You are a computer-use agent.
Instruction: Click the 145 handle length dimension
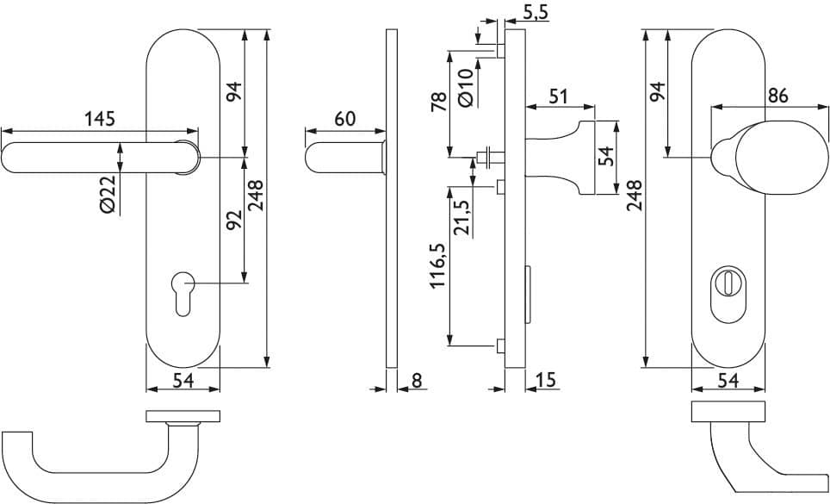pyautogui.click(x=100, y=118)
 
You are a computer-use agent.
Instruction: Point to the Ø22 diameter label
pyautogui.click(x=108, y=195)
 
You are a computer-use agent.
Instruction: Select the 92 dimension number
pyautogui.click(x=234, y=220)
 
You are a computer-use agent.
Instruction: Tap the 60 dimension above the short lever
pyautogui.click(x=345, y=119)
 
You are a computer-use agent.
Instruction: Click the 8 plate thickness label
pyautogui.click(x=417, y=380)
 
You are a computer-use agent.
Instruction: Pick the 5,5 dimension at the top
pyautogui.click(x=536, y=14)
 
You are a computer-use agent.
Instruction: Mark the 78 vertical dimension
pyautogui.click(x=439, y=100)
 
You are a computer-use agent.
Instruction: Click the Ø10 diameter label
pyautogui.click(x=465, y=88)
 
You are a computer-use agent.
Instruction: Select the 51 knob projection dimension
pyautogui.click(x=558, y=96)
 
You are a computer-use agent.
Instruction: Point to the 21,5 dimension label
pyautogui.click(x=462, y=217)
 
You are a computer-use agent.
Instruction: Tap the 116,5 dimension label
pyautogui.click(x=439, y=265)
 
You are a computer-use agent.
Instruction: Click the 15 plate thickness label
pyautogui.click(x=546, y=380)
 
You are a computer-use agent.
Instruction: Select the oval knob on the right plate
pyautogui.click(x=781, y=157)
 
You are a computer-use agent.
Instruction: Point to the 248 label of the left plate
pyautogui.click(x=256, y=196)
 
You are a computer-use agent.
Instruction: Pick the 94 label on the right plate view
pyautogui.click(x=657, y=92)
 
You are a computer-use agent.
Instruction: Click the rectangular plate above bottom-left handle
pyautogui.click(x=183, y=416)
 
